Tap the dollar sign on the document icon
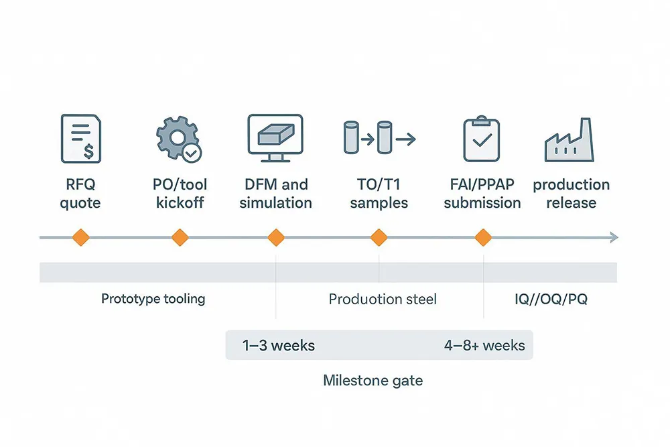(x=88, y=152)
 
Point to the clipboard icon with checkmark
(x=482, y=139)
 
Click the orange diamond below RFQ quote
(x=80, y=237)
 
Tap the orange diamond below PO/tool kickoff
(x=179, y=237)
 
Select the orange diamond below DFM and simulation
(x=276, y=237)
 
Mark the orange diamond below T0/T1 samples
(x=379, y=237)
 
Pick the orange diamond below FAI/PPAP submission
(x=482, y=237)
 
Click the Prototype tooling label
(x=153, y=299)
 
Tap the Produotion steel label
(x=383, y=299)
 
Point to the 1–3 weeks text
(x=279, y=346)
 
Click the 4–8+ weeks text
(x=484, y=346)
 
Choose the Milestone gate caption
(x=373, y=381)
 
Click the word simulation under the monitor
(x=275, y=202)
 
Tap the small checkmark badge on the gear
(x=192, y=153)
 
